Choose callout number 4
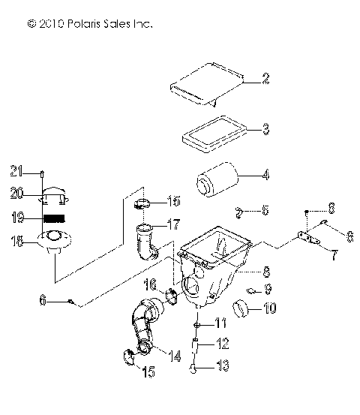[x=265, y=177]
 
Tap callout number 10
[x=268, y=307]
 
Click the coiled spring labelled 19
[x=51, y=218]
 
